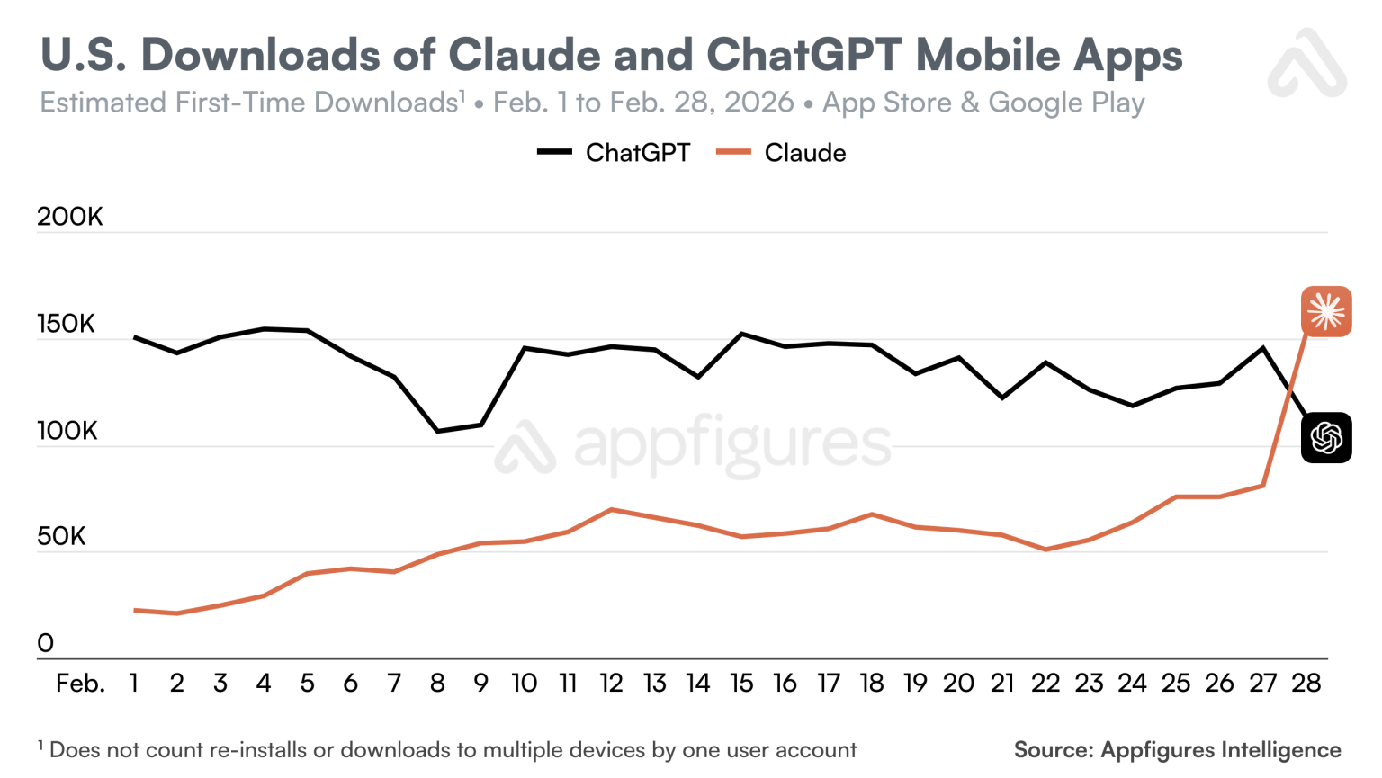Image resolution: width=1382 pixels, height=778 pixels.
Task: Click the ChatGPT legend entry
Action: (x=615, y=153)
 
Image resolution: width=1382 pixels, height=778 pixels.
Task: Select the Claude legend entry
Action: (x=781, y=153)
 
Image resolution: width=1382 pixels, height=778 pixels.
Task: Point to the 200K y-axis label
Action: (x=70, y=217)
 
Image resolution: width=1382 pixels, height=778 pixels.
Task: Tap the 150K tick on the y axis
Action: (x=66, y=324)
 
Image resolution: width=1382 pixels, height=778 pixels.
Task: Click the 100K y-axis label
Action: (x=67, y=431)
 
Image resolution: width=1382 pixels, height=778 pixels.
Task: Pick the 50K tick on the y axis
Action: (x=61, y=537)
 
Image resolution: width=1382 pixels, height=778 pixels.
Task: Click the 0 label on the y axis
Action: (x=45, y=644)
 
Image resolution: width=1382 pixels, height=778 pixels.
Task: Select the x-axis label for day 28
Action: (x=1306, y=684)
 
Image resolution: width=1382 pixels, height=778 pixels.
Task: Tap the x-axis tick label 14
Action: (x=698, y=684)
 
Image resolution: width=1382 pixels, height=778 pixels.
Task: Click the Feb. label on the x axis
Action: (x=80, y=684)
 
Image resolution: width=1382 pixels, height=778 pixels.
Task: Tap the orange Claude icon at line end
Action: (x=1326, y=312)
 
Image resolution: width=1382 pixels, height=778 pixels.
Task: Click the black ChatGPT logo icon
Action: (x=1326, y=438)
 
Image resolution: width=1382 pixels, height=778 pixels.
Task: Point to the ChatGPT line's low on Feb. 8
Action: (x=438, y=432)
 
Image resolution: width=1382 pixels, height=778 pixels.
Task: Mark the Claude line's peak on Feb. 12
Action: (x=612, y=510)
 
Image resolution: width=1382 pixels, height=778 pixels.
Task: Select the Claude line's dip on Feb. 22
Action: (x=1045, y=550)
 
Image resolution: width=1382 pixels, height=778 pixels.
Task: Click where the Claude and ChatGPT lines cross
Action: (x=1291, y=389)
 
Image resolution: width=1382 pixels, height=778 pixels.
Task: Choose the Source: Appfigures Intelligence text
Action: (x=1177, y=750)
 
